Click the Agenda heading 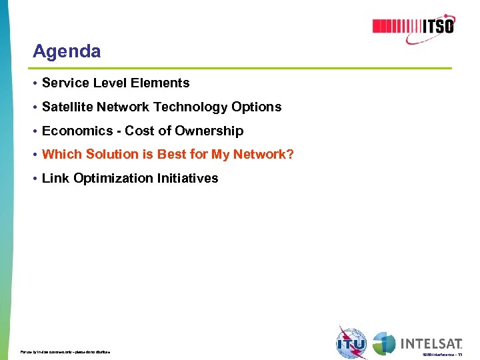tap(67, 51)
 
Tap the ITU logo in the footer tap(352, 343)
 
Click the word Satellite tap(67, 107)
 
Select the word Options tap(257, 107)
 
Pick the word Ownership tap(209, 131)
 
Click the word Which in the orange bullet tap(58, 155)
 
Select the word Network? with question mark tap(263, 155)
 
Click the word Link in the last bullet tap(53, 179)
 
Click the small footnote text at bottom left tap(65, 351)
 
